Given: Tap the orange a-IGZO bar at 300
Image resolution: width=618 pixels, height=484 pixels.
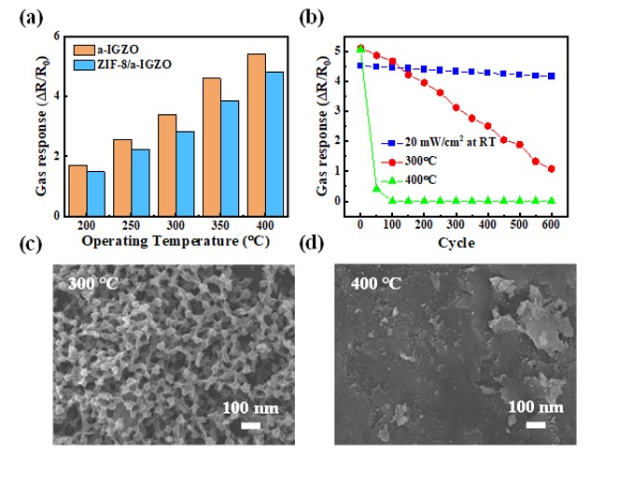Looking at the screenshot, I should coord(167,164).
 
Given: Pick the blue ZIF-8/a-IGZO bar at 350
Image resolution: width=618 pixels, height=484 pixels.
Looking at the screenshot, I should coord(231,158).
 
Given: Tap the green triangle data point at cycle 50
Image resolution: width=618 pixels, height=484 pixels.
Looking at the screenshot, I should coord(376,189).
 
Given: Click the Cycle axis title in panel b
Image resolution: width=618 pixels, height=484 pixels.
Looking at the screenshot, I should coord(456,243).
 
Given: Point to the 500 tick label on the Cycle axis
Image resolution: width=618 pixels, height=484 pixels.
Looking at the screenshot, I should coord(519,227).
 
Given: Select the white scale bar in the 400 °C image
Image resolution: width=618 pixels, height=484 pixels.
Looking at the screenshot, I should coord(536,425).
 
